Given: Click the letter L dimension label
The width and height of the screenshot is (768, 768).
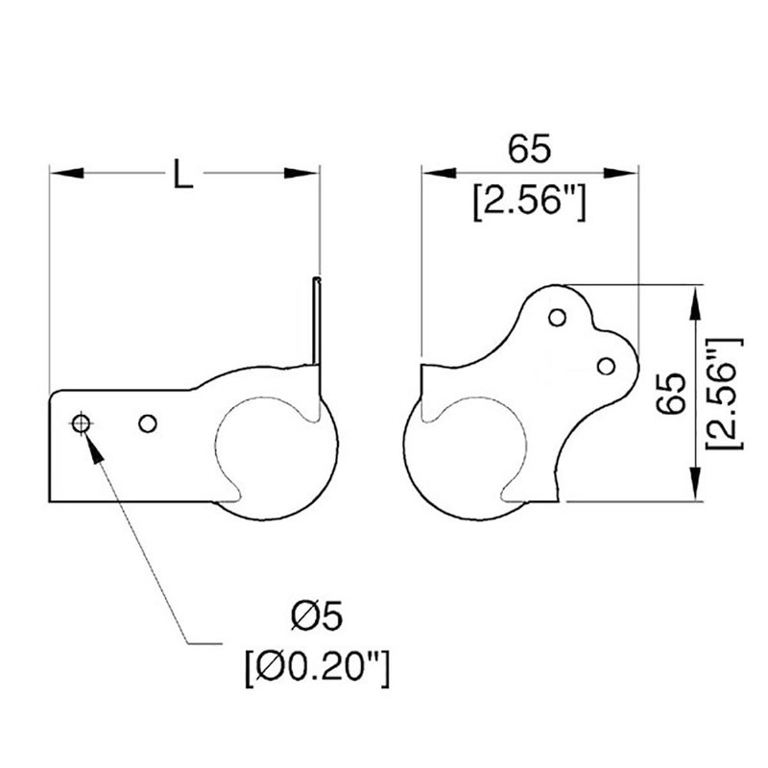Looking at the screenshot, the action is click(x=183, y=173).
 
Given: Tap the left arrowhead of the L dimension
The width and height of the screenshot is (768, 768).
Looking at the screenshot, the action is click(x=66, y=173).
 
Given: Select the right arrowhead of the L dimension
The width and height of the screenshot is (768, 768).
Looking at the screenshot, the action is click(x=301, y=173).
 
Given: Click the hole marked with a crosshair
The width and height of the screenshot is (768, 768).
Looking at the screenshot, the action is click(x=81, y=423).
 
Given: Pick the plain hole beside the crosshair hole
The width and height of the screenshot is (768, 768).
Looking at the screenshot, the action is click(x=148, y=423).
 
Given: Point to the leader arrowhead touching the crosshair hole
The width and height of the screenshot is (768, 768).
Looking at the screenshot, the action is click(x=95, y=447).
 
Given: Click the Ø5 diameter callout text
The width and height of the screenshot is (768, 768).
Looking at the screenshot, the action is click(x=317, y=616).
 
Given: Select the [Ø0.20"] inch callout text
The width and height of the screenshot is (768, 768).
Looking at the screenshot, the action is click(x=318, y=667).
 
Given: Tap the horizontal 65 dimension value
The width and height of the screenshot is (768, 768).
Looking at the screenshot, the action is click(x=529, y=149).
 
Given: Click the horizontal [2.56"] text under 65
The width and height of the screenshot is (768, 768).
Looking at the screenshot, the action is click(x=530, y=202).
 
